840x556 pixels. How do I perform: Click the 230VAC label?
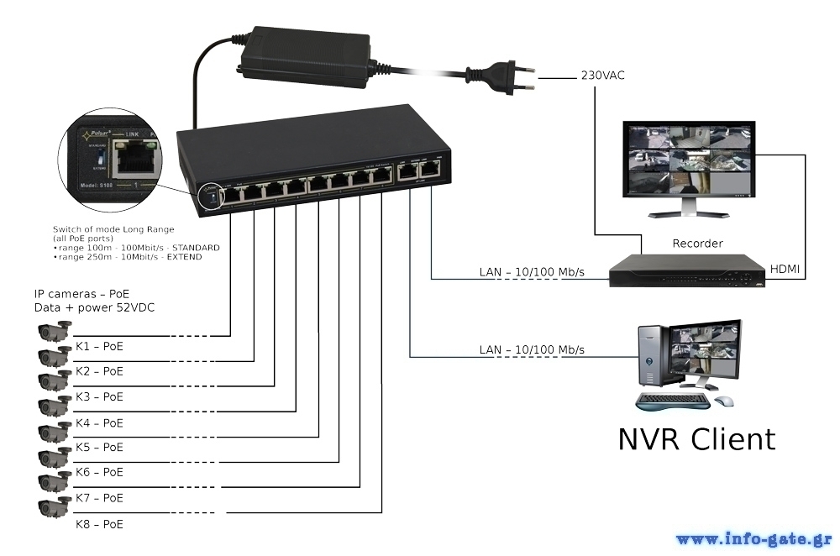point(602,76)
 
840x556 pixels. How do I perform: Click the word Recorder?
point(697,244)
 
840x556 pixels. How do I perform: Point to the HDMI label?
point(785,270)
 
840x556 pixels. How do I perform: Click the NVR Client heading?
point(696,438)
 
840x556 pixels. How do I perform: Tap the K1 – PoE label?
point(99,345)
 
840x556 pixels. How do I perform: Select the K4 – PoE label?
point(99,422)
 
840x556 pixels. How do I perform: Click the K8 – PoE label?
point(99,524)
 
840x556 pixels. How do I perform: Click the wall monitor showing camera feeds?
point(688,160)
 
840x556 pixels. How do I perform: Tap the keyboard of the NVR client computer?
point(672,401)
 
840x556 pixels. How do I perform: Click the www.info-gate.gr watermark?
point(753,538)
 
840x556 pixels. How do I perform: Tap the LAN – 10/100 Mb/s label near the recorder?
point(532,272)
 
